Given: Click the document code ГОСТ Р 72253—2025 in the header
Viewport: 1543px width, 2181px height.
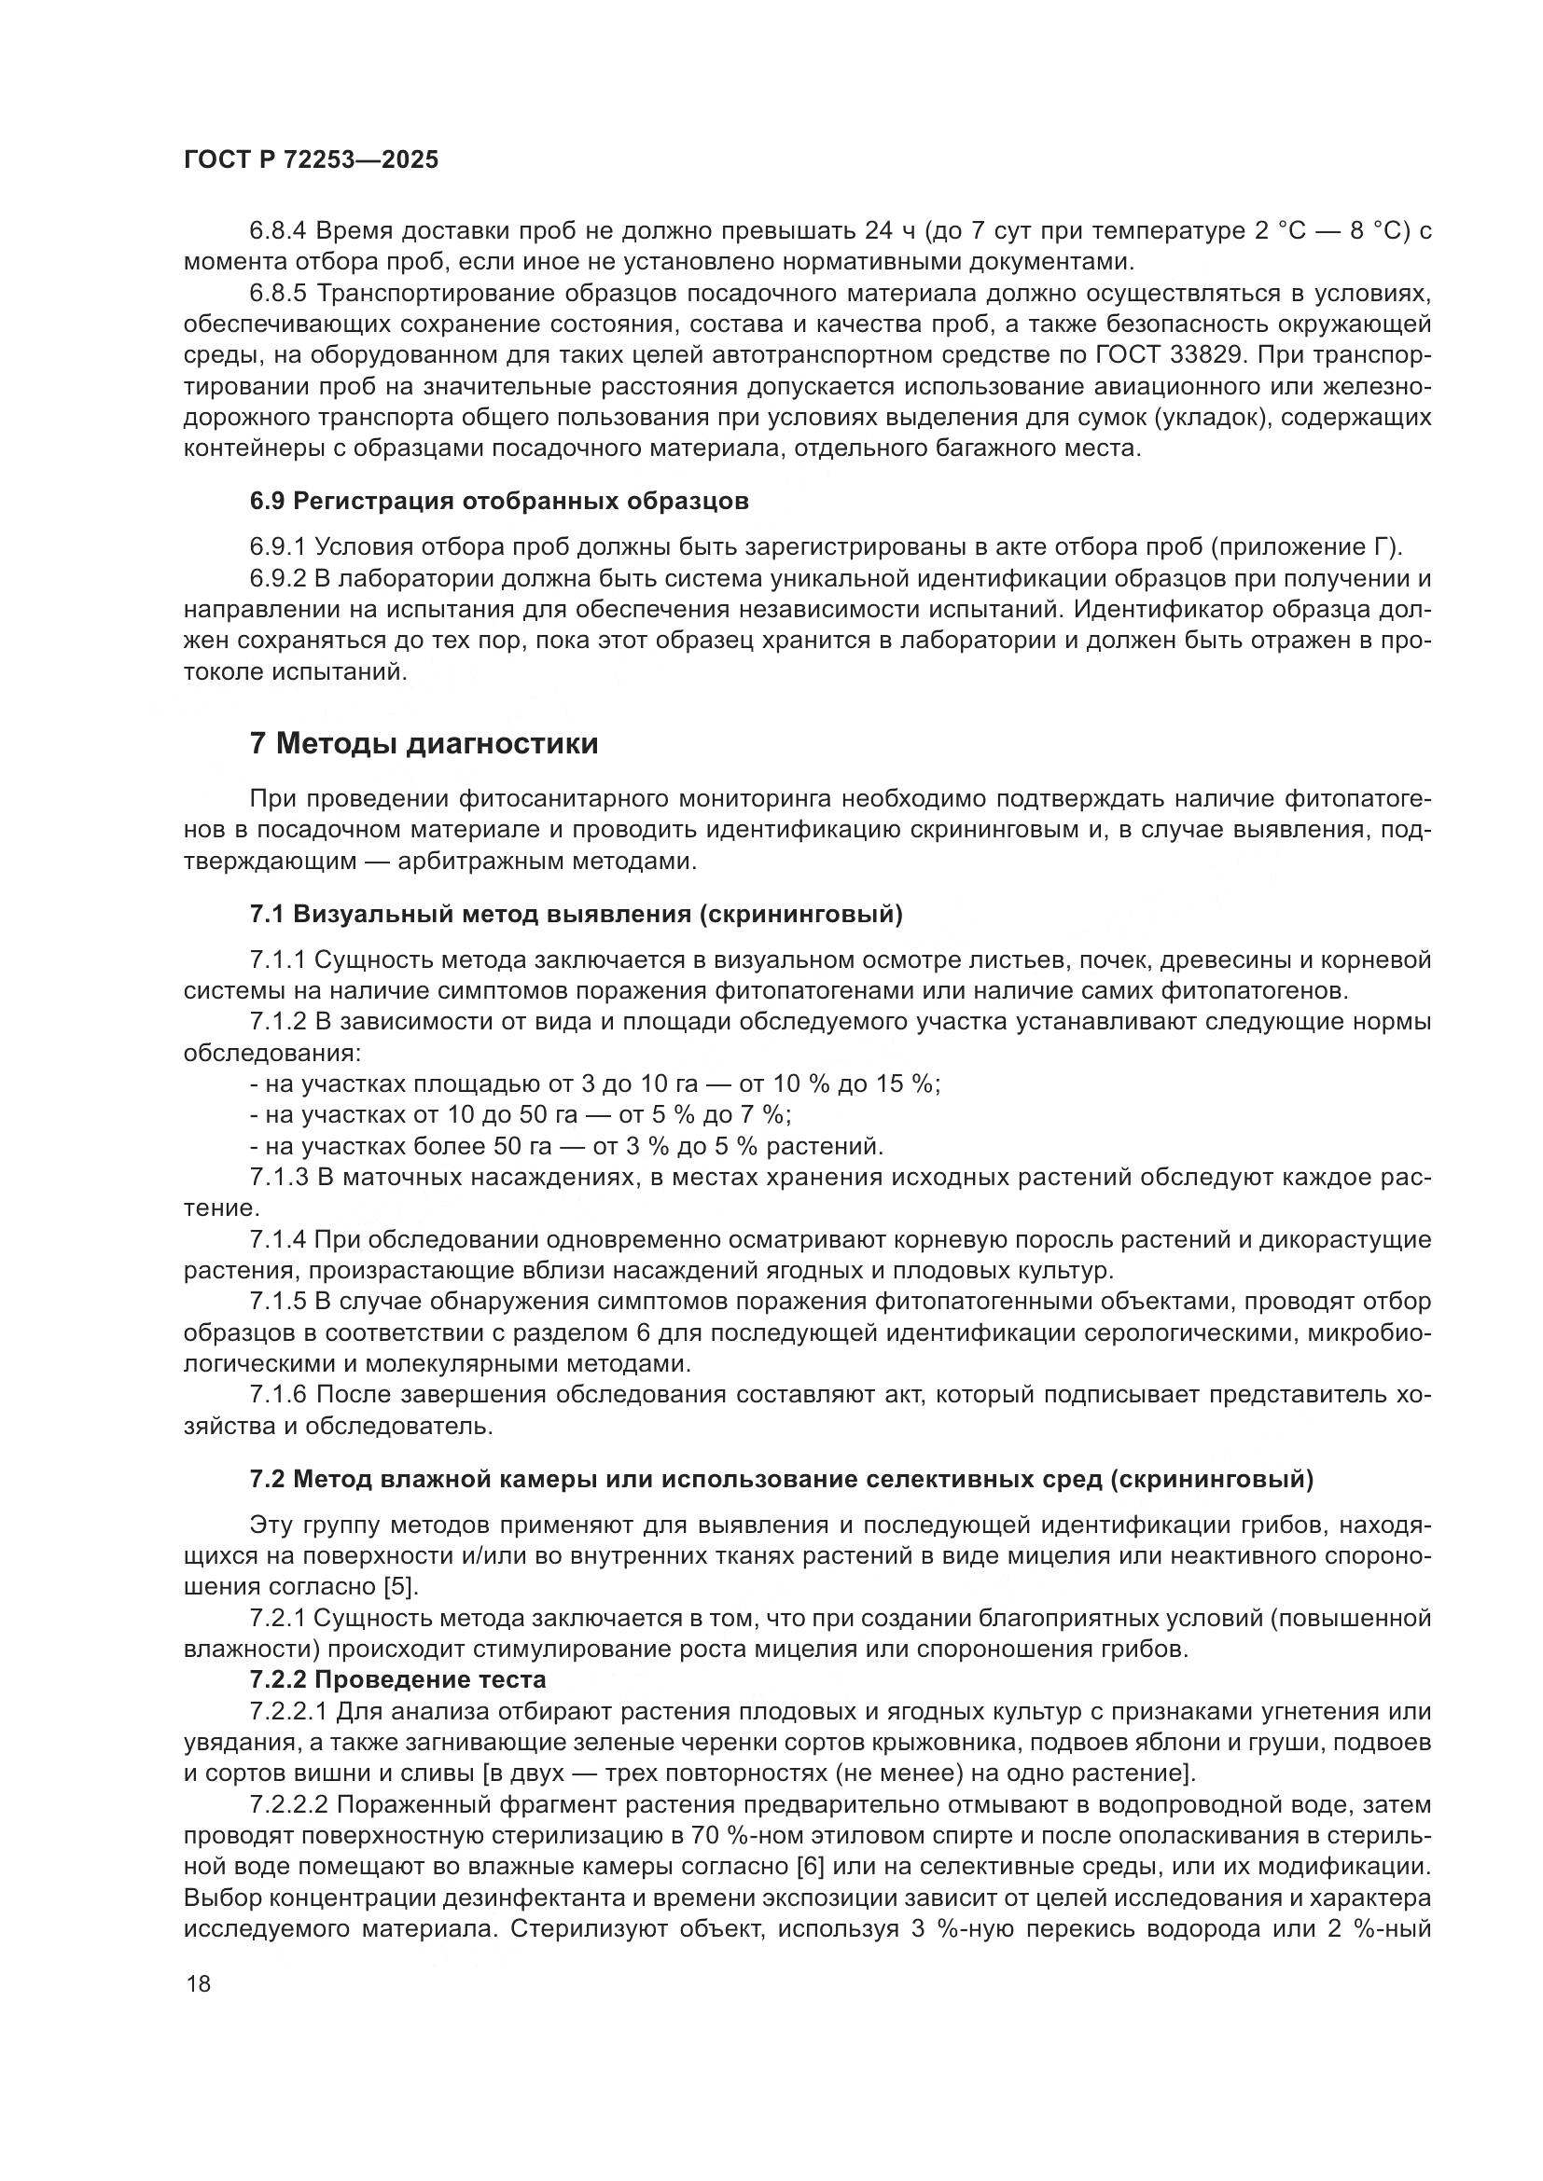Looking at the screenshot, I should pos(311,159).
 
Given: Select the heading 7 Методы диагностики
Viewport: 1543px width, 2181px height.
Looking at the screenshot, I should pos(424,743).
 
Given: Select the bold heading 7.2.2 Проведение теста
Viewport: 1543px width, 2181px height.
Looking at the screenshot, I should pos(398,1679).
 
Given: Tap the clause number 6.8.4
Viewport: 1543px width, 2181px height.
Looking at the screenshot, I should pos(279,231).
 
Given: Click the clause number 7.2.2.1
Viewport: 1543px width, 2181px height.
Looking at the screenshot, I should pos(288,1711).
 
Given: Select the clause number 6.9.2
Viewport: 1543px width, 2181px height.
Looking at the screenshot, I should pos(279,578).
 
